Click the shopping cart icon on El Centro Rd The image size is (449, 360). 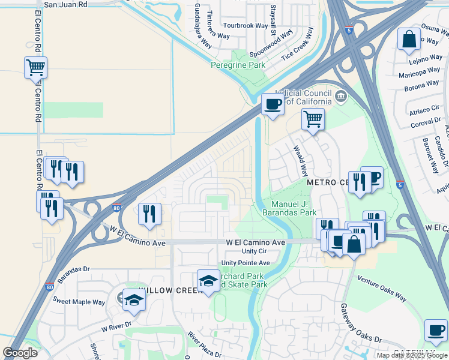(35, 67)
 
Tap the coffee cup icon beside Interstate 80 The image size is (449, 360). (273, 104)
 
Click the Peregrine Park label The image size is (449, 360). (238, 64)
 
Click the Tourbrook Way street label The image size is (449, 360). (246, 26)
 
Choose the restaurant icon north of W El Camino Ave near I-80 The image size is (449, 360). (149, 213)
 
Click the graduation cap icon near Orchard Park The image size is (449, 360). (208, 280)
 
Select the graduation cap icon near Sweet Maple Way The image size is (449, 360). (134, 299)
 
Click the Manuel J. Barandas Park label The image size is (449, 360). (289, 208)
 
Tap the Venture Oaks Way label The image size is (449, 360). (382, 289)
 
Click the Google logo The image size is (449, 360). (20, 353)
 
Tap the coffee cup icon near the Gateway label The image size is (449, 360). (436, 330)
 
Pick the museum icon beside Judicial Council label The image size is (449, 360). (341, 95)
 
